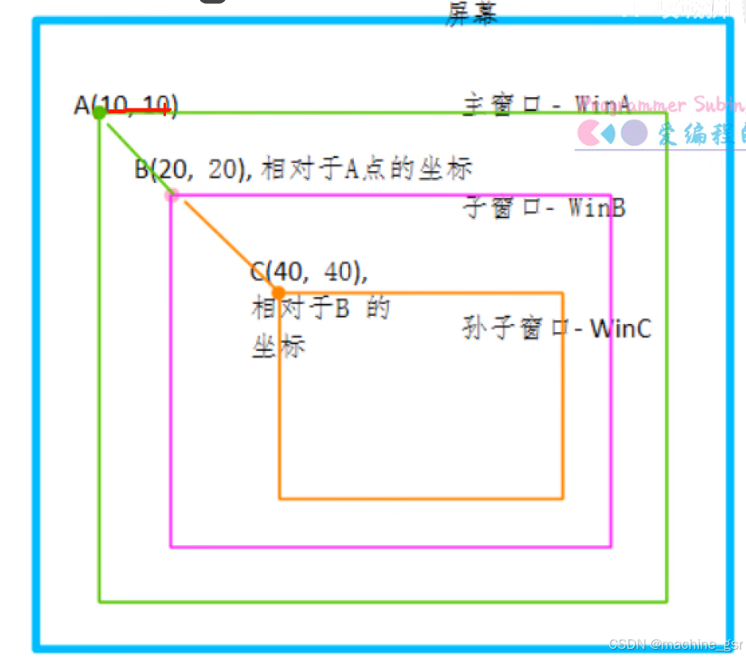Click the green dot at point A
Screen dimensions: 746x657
(99, 113)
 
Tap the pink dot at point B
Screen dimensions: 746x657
(171, 194)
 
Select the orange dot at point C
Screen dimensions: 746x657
(279, 292)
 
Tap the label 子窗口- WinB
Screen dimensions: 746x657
(544, 207)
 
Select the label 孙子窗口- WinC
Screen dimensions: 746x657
(556, 329)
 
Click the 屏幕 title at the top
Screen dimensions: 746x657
(471, 13)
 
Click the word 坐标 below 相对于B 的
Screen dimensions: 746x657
(279, 347)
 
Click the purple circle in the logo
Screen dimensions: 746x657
(634, 132)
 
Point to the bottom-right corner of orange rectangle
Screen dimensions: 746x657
(562, 498)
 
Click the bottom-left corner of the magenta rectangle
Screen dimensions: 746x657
(171, 547)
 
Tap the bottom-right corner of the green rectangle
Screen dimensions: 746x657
(667, 602)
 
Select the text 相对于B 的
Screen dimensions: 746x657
(321, 309)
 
